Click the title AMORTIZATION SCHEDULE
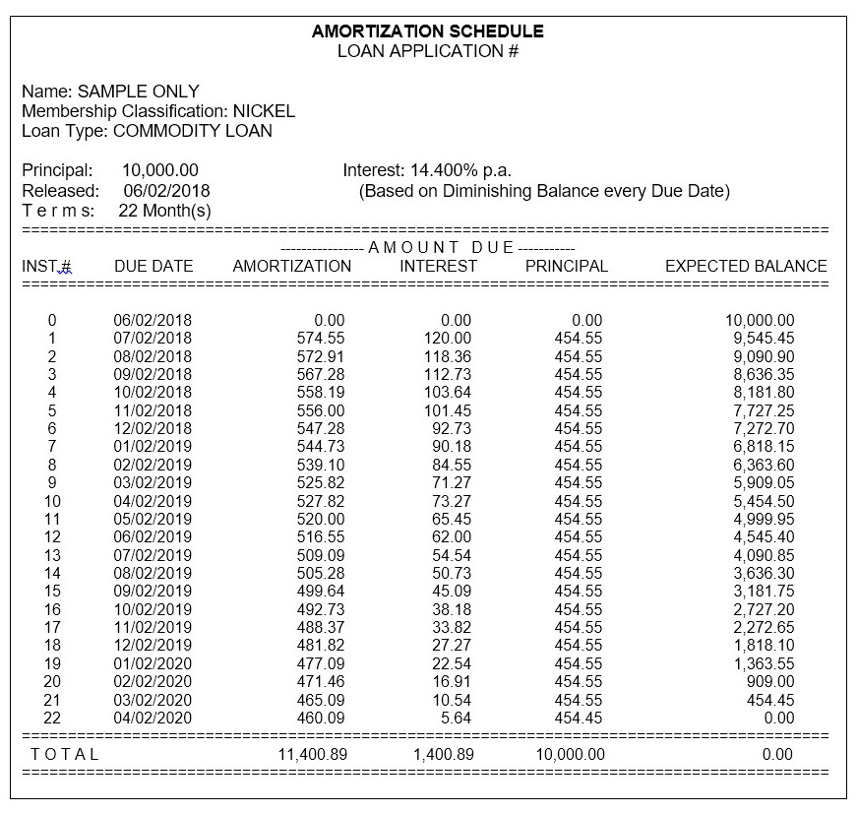pyautogui.click(x=428, y=31)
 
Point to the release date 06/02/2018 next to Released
pyautogui.click(x=166, y=191)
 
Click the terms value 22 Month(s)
pyautogui.click(x=166, y=211)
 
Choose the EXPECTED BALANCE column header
pyautogui.click(x=746, y=266)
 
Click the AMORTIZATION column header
pyautogui.click(x=291, y=266)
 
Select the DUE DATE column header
pyautogui.click(x=153, y=266)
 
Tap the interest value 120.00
pyautogui.click(x=449, y=339)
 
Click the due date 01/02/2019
pyautogui.click(x=153, y=447)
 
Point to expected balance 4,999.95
pyautogui.click(x=759, y=519)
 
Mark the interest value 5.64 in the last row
pyautogui.click(x=456, y=718)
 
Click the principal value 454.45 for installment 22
pyautogui.click(x=579, y=718)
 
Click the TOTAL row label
pyautogui.click(x=65, y=755)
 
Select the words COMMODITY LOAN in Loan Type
pyautogui.click(x=193, y=131)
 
